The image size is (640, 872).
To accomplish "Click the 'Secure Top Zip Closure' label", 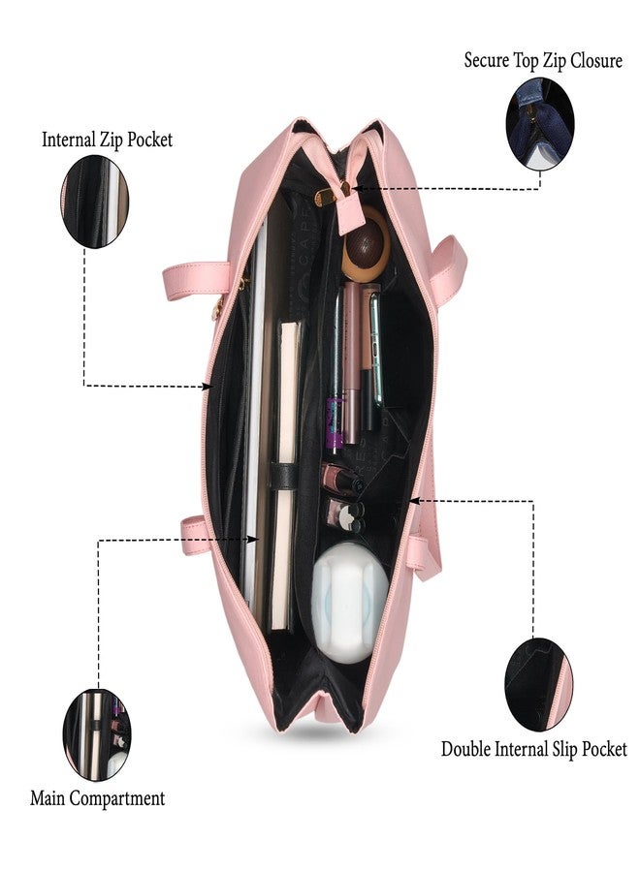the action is pyautogui.click(x=543, y=61).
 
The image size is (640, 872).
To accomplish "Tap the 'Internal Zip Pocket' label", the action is pyautogui.click(x=108, y=140).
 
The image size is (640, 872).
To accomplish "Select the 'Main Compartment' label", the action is pyautogui.click(x=97, y=798).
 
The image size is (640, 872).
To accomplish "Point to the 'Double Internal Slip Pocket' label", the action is pyautogui.click(x=533, y=749).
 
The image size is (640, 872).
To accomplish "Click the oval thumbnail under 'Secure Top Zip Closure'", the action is pyautogui.click(x=539, y=124).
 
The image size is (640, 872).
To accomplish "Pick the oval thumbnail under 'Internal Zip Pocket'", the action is pyautogui.click(x=94, y=202).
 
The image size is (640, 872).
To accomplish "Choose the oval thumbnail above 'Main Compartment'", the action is pyautogui.click(x=97, y=734).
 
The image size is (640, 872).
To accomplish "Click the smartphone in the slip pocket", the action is pyautogui.click(x=376, y=349).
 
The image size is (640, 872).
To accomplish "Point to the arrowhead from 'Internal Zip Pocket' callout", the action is pyautogui.click(x=207, y=386).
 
